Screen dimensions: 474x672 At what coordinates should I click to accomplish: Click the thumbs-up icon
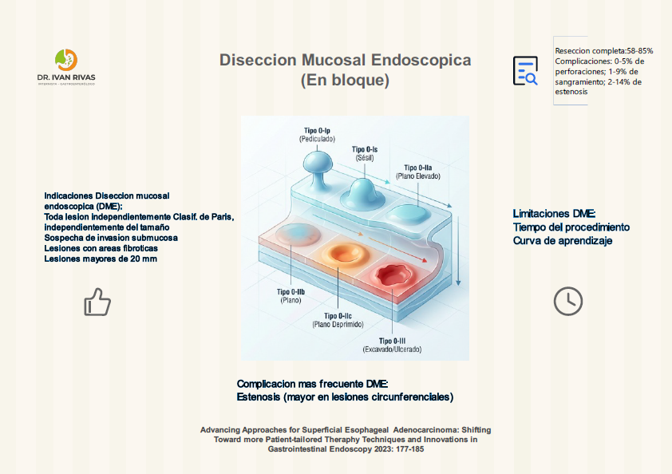click(x=97, y=302)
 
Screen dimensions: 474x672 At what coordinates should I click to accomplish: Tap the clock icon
click(x=568, y=301)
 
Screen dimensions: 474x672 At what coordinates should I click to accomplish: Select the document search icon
click(x=525, y=71)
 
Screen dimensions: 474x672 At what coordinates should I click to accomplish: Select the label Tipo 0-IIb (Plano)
click(x=290, y=296)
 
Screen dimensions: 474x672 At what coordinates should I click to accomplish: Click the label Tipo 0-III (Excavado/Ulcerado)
click(x=391, y=346)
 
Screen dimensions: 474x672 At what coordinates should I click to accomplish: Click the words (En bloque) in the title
click(x=345, y=81)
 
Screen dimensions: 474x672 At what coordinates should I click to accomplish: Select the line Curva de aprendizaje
click(x=563, y=240)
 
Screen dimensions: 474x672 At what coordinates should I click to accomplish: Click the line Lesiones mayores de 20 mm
click(x=100, y=259)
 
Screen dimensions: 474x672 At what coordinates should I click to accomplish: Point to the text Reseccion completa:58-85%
click(x=603, y=50)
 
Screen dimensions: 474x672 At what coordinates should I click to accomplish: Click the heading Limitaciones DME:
click(x=554, y=213)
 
